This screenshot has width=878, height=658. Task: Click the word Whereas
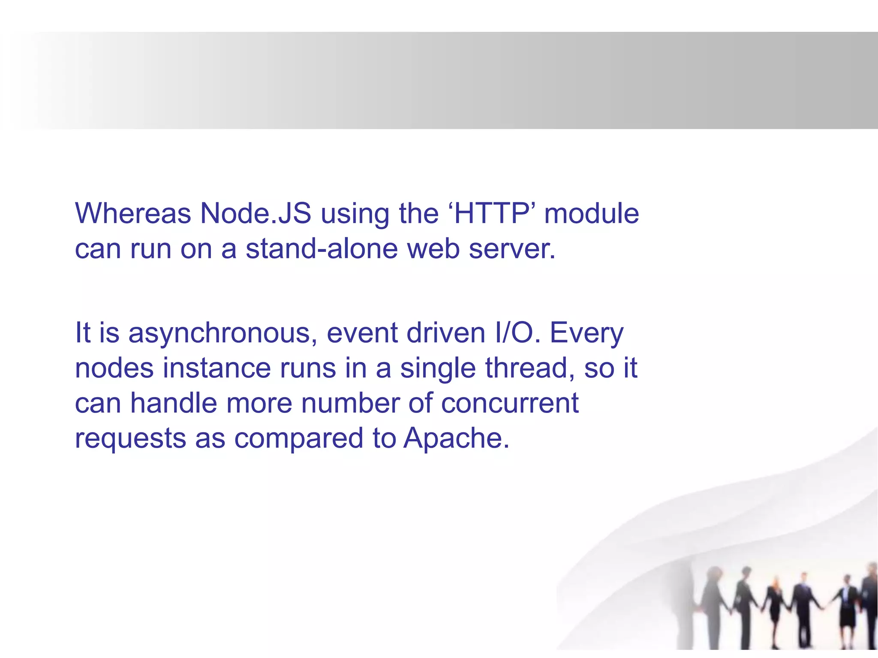tap(133, 213)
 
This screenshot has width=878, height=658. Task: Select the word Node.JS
tap(256, 213)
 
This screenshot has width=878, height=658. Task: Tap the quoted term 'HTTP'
tap(491, 213)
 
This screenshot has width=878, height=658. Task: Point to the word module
tap(592, 213)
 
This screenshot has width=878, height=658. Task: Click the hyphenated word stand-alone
tap(322, 248)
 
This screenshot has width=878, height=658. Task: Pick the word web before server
tap(433, 248)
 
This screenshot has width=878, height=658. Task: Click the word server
tap(512, 248)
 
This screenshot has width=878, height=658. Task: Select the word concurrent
tap(510, 403)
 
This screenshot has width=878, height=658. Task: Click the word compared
tap(298, 438)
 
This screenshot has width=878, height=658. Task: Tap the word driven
tap(446, 333)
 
